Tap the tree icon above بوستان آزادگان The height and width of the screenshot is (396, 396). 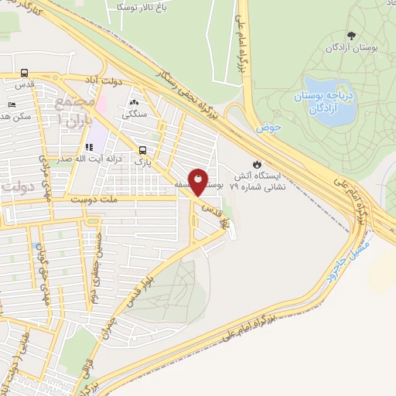coord(352,35)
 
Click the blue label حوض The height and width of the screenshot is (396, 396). coord(269,126)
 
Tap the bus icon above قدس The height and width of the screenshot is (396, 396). coord(25,73)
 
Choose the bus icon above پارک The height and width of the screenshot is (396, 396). coord(142,151)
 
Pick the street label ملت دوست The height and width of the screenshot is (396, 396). coord(95,200)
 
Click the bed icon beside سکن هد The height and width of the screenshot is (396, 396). coord(11,104)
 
